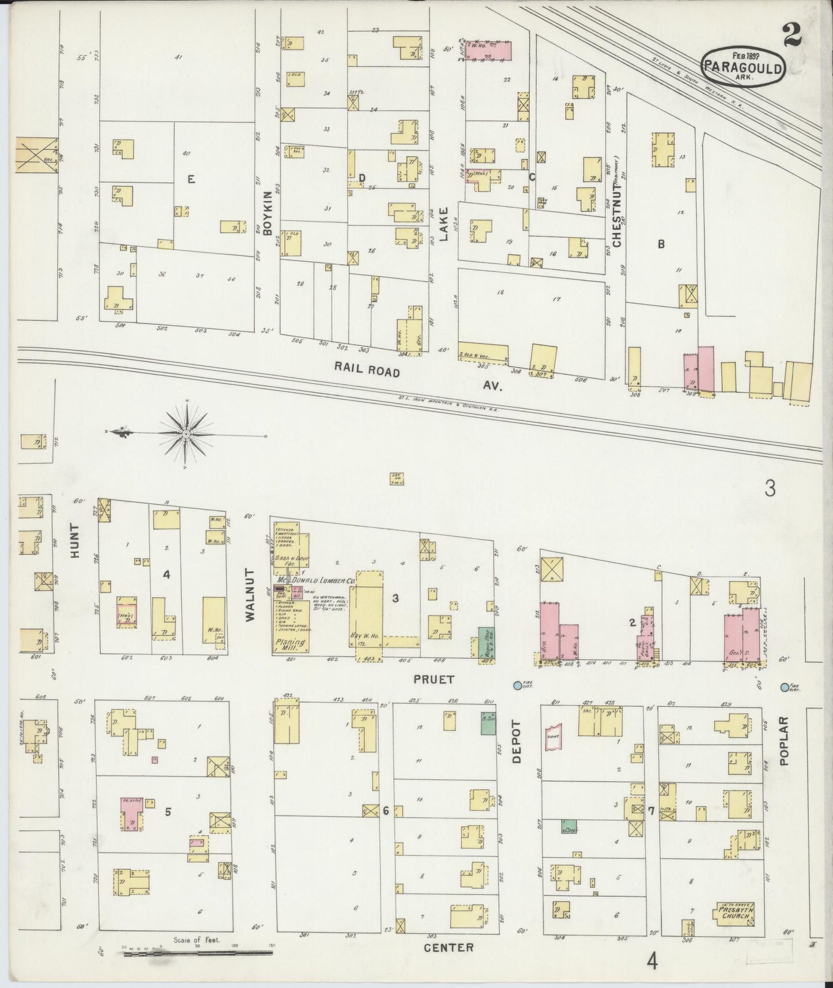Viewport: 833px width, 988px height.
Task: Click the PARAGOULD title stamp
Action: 743,66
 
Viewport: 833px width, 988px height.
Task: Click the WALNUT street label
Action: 250,594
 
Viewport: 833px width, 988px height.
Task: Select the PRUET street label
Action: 434,680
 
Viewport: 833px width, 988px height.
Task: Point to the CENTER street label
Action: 448,947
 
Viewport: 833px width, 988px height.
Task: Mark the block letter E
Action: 191,180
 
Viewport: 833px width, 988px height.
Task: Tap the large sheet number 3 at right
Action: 770,489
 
